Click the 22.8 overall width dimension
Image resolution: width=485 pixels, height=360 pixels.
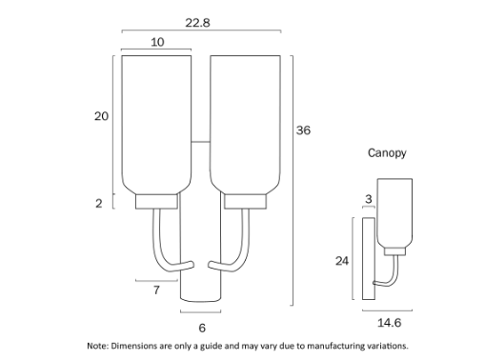click(197, 23)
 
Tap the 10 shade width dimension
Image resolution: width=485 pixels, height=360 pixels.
click(157, 42)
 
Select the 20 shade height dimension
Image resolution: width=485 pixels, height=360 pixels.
click(101, 116)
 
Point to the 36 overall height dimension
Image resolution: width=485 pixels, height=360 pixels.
click(303, 130)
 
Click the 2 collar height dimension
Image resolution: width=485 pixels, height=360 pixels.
click(99, 203)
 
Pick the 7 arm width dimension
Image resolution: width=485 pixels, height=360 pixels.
click(156, 290)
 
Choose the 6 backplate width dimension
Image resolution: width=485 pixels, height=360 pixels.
click(202, 328)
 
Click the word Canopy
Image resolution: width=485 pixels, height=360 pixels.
click(387, 153)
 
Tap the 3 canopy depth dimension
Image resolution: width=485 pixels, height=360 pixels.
click(369, 199)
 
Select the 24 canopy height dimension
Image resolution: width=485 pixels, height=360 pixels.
click(342, 261)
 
